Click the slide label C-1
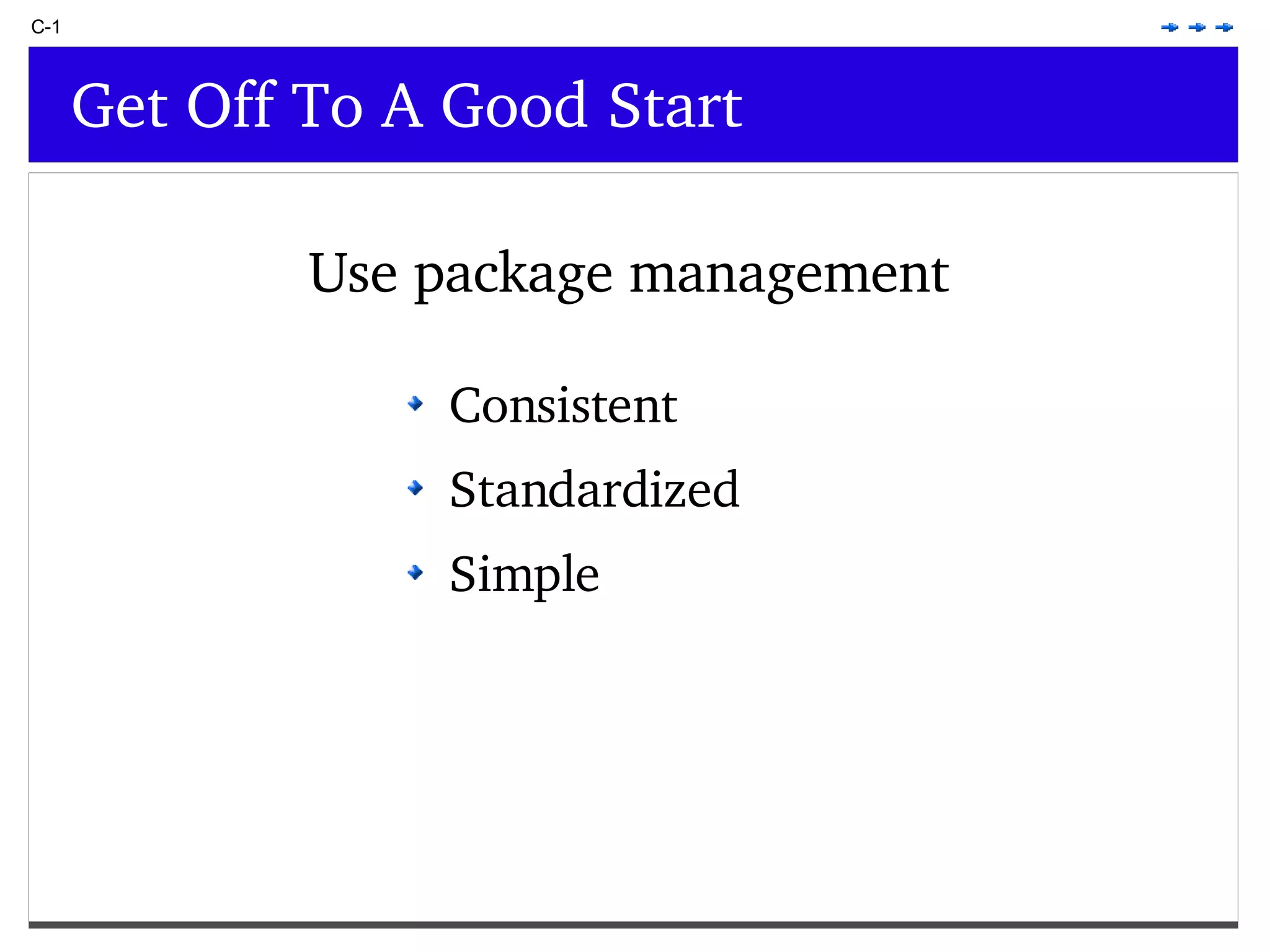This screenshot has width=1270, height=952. click(x=45, y=27)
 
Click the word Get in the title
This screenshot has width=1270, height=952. click(x=120, y=107)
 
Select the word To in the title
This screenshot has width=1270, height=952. click(x=326, y=107)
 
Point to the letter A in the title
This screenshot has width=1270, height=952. click(x=402, y=107)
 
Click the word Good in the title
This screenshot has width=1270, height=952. click(x=514, y=107)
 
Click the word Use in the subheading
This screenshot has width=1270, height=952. click(x=353, y=274)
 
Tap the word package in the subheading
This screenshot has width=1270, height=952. click(x=513, y=276)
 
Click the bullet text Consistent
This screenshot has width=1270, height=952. click(x=562, y=406)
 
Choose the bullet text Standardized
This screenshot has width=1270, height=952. click(x=594, y=490)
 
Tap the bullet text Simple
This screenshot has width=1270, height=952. click(x=524, y=575)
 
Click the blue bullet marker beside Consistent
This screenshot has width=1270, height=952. click(x=415, y=404)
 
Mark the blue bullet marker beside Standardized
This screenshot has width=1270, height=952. click(x=415, y=488)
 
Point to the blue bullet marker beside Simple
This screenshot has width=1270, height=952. click(x=415, y=572)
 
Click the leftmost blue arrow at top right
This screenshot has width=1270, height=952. click(x=1170, y=27)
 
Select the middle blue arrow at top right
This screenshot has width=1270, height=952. click(x=1197, y=27)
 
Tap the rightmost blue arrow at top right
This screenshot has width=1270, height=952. click(x=1224, y=27)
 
